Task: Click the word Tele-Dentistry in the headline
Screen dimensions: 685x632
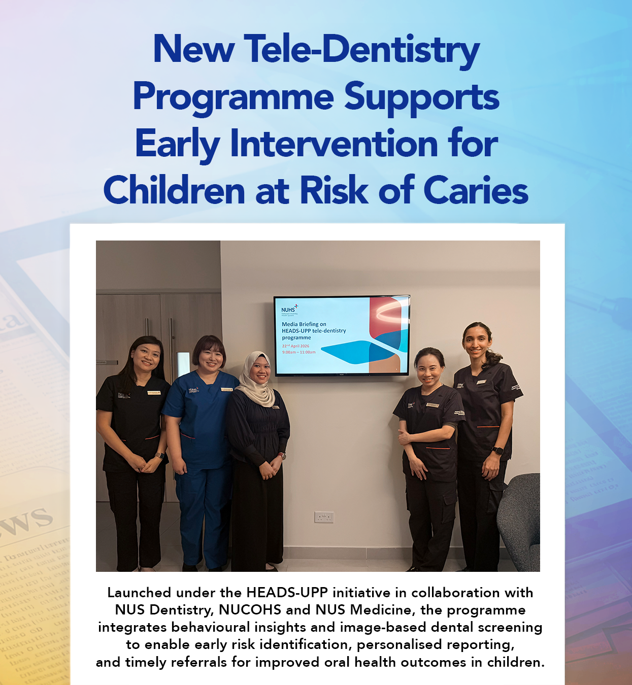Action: [361, 50]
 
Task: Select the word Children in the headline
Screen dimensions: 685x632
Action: [174, 191]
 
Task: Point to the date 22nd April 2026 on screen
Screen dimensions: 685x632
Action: [295, 346]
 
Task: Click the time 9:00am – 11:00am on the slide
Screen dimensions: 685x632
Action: [298, 352]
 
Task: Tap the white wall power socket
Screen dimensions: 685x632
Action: [324, 517]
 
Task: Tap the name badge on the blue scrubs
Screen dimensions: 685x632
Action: [226, 390]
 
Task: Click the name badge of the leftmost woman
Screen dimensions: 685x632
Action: [154, 393]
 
